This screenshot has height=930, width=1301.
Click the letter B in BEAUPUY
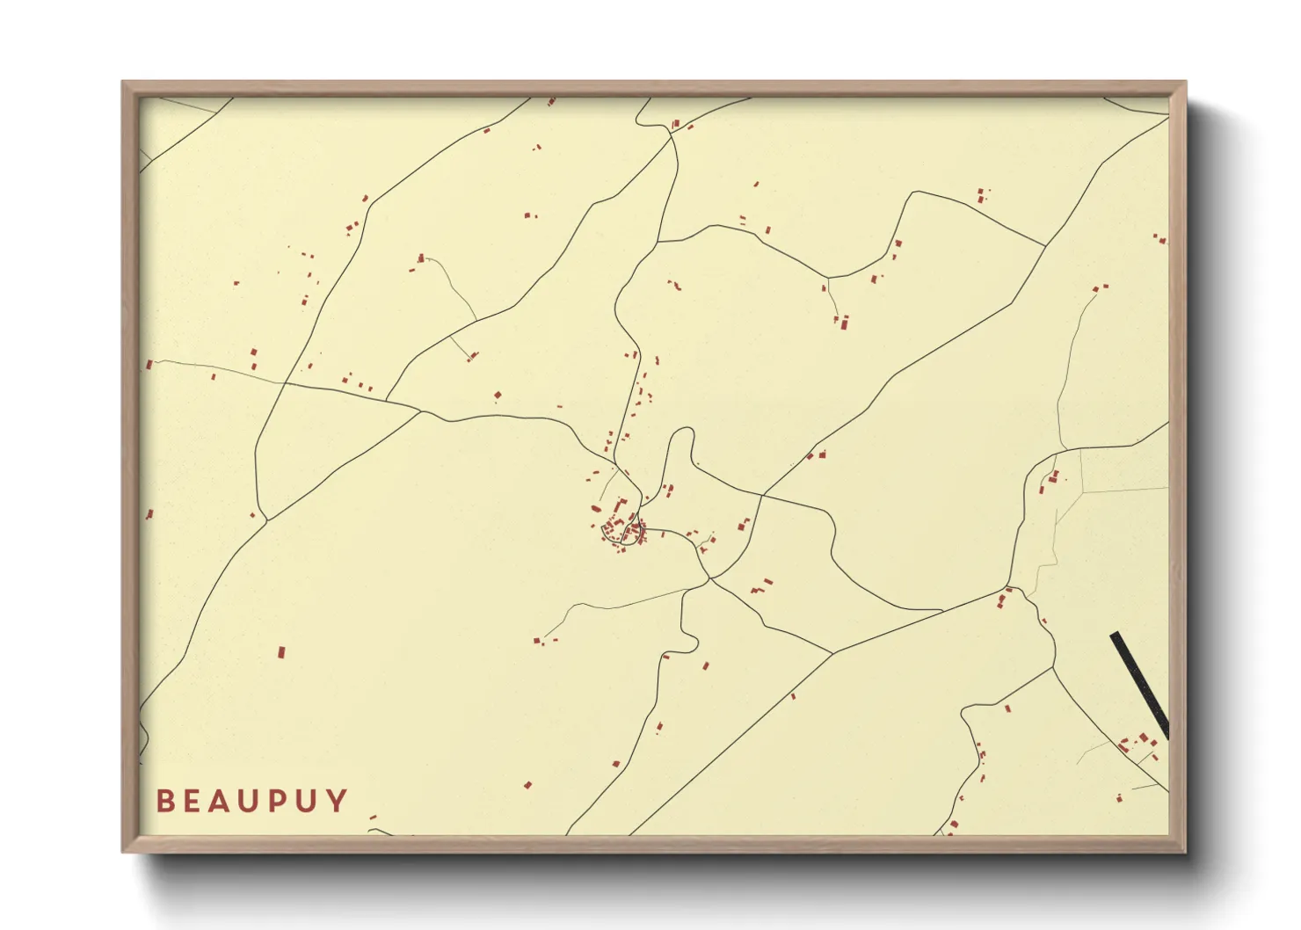tap(164, 801)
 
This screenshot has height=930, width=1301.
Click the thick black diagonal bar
tap(1140, 686)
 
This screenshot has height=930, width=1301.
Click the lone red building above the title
tap(281, 652)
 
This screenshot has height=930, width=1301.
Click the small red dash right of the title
tap(373, 817)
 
